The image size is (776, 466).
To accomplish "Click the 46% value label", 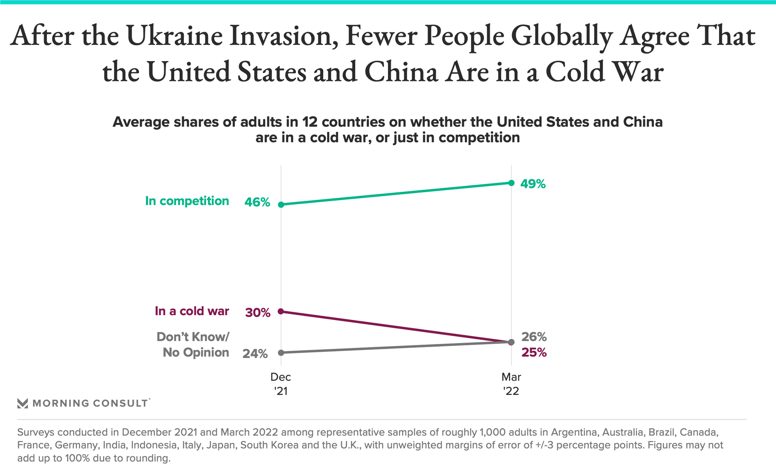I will [257, 202].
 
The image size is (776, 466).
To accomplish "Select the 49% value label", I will [533, 184].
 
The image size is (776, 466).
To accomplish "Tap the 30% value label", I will [257, 313].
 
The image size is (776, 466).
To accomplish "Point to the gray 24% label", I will [255, 354].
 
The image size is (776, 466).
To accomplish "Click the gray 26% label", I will [534, 337].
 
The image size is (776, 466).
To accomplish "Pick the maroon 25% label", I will [534, 353].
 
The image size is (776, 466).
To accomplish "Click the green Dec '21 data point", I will [281, 205].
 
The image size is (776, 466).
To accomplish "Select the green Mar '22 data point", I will [511, 183].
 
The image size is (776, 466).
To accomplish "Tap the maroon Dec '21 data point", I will [281, 311].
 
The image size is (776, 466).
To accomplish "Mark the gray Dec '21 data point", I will [281, 353].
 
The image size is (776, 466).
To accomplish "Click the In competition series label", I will [187, 201].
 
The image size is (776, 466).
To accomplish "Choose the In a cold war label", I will [192, 311].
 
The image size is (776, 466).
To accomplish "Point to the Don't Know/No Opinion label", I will [193, 345].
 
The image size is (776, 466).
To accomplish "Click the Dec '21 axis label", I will [280, 384].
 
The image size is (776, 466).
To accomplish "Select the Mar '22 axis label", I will [511, 384].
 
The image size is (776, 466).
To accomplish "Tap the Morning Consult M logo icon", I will [23, 403].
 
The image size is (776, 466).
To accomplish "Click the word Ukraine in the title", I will [174, 36].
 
